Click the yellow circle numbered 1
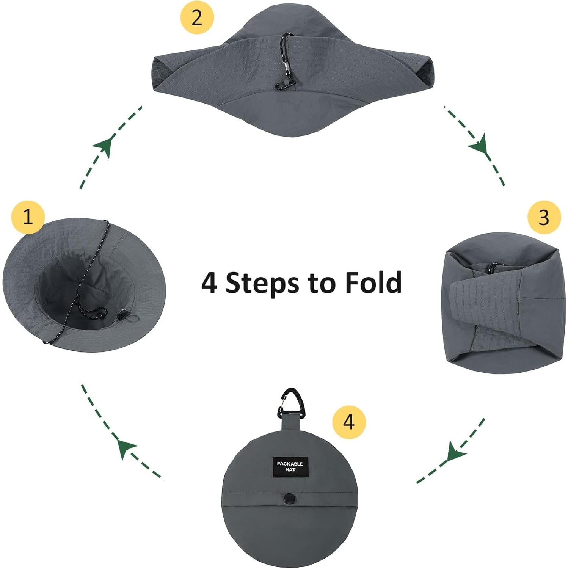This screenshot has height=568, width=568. [x=28, y=217]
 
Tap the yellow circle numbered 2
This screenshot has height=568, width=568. [x=197, y=17]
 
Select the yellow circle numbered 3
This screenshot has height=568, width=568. [x=544, y=217]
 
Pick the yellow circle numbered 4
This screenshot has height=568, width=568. [x=349, y=422]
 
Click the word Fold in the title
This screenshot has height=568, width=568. [x=373, y=282]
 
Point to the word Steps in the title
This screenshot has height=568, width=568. [x=262, y=283]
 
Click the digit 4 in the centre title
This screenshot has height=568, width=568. [x=209, y=282]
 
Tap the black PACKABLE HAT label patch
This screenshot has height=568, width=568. [x=290, y=466]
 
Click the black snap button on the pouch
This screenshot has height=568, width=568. [x=290, y=497]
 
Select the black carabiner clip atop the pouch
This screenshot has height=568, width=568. [x=291, y=403]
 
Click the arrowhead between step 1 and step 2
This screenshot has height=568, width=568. [x=105, y=146]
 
